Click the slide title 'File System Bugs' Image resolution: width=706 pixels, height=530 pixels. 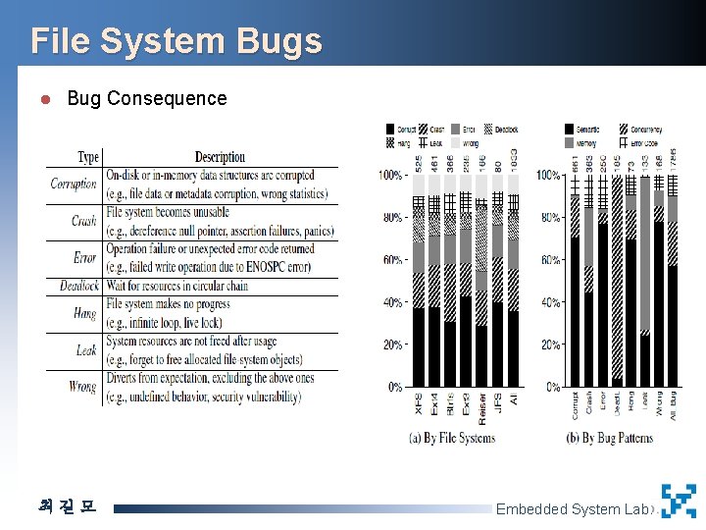point(176,41)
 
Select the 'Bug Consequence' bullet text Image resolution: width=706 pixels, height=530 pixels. point(146,99)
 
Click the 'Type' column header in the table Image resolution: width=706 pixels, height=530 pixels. point(87,157)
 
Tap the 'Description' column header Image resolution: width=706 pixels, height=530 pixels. point(220,157)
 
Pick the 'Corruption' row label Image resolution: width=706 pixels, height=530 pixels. point(75,184)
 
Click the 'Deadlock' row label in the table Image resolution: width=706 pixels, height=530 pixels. point(78,286)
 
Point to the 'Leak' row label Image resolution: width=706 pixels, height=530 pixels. point(86,350)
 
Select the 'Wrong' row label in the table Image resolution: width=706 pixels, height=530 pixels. point(83,387)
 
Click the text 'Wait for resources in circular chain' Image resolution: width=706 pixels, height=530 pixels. point(176,286)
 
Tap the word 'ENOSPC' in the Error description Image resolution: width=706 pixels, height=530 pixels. point(277,267)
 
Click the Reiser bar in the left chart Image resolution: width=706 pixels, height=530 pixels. point(481,294)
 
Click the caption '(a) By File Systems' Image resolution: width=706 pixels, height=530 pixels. point(452,439)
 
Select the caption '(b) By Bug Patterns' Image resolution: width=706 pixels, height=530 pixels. point(609,439)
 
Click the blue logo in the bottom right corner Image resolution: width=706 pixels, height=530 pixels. point(679,501)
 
